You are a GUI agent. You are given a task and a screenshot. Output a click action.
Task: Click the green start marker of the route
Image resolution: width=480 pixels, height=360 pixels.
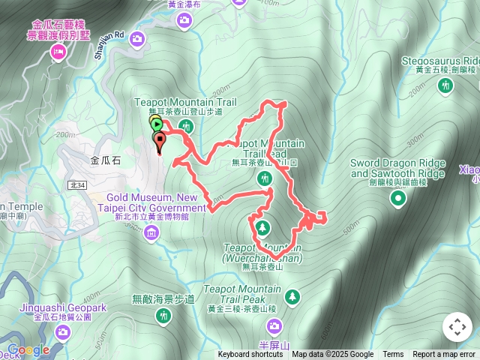(155, 124)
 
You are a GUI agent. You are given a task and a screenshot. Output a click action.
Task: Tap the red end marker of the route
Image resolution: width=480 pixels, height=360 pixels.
(159, 140)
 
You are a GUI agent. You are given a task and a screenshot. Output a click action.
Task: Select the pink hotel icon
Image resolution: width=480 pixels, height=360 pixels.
(58, 52)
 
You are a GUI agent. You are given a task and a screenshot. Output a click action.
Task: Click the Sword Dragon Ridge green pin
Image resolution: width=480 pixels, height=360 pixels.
(398, 198)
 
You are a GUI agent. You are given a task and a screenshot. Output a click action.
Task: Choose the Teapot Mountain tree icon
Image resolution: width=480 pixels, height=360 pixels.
(262, 226)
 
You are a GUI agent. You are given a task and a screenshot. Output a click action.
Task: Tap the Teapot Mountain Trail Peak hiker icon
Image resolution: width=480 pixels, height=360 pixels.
(291, 297)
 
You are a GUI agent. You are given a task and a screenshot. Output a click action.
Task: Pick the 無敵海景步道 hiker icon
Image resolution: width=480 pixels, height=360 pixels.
(163, 317)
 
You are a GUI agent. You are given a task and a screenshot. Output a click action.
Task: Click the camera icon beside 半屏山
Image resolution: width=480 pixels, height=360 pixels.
(274, 325)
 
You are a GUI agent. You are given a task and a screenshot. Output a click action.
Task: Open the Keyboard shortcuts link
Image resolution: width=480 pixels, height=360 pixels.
(250, 355)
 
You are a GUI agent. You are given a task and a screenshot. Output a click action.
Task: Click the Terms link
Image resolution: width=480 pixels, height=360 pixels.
(393, 355)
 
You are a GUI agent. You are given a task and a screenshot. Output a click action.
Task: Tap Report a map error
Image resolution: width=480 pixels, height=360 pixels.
(444, 355)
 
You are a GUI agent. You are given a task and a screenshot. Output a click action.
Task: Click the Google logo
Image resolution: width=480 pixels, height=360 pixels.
(28, 349)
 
